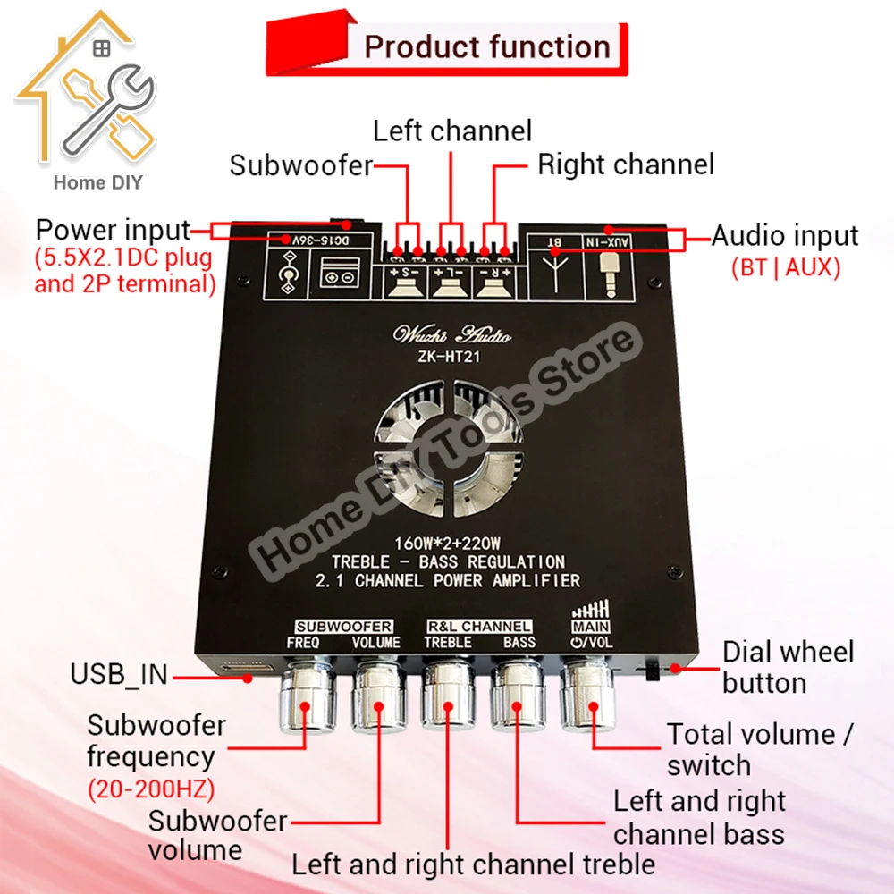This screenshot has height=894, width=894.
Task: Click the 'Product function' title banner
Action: [486, 46]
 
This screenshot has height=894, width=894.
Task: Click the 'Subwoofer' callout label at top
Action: [300, 165]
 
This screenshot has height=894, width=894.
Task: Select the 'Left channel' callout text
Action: [452, 131]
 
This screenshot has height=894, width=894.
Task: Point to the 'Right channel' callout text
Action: [626, 164]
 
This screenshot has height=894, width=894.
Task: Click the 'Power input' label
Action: [113, 229]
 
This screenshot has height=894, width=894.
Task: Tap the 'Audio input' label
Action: [785, 236]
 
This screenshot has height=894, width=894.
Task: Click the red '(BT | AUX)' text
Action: [785, 267]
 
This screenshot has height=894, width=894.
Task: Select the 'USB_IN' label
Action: [119, 674]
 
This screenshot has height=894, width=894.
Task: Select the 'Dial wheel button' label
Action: [788, 667]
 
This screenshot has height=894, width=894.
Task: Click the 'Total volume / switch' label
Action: [760, 749]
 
